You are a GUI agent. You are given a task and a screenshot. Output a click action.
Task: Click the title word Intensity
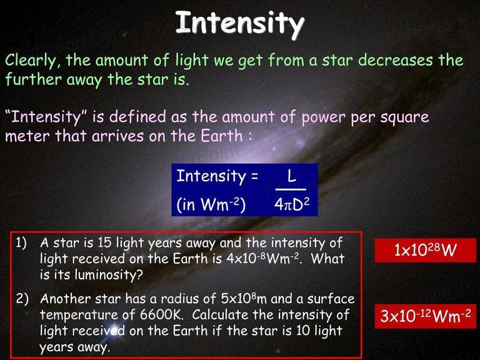pyautogui.click(x=240, y=23)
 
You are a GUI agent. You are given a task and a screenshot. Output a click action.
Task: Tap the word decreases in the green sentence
pyautogui.click(x=396, y=60)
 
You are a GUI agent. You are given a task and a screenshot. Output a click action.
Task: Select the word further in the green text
pyautogui.click(x=33, y=79)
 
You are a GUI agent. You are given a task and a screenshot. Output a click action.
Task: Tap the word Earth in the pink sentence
pyautogui.click(x=222, y=136)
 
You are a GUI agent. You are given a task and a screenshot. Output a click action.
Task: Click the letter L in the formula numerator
pyautogui.click(x=291, y=176)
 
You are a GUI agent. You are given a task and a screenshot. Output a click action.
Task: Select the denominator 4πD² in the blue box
pyautogui.click(x=292, y=204)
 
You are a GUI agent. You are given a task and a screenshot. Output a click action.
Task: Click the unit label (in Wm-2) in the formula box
pyautogui.click(x=211, y=204)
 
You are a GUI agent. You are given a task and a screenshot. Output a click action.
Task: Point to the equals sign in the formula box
pyautogui.click(x=254, y=177)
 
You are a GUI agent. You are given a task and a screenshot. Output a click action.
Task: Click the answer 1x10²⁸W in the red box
pyautogui.click(x=425, y=250)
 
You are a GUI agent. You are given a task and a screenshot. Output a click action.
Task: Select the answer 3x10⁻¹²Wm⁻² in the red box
pyautogui.click(x=426, y=316)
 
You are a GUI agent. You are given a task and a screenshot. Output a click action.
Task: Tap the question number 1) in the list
pyautogui.click(x=21, y=243)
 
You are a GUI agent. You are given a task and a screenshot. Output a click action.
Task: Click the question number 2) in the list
pyautogui.click(x=22, y=299)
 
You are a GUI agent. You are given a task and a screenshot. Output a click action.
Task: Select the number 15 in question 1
pyautogui.click(x=105, y=243)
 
